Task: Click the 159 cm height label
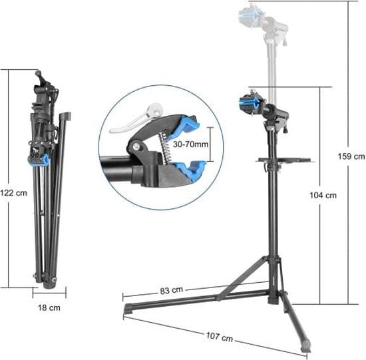tap(351, 156)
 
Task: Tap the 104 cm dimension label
tap(323, 195)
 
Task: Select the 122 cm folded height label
tap(13, 193)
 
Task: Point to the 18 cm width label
tap(49, 307)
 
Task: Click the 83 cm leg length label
tap(172, 290)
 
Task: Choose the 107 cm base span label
tap(220, 337)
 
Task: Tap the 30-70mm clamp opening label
tap(190, 144)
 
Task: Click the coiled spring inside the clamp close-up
tap(165, 146)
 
